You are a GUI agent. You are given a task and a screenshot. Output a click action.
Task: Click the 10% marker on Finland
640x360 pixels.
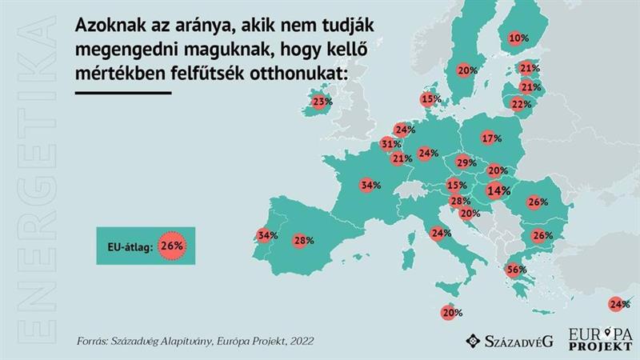(x=518, y=38)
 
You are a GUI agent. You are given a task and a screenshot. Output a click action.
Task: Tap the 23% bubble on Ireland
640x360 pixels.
(x=322, y=102)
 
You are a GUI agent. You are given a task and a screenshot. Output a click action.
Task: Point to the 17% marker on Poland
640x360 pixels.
(x=491, y=138)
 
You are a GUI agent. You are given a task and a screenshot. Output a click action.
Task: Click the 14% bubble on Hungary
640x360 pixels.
(x=498, y=191)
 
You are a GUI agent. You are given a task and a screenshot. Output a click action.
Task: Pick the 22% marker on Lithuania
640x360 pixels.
(x=522, y=104)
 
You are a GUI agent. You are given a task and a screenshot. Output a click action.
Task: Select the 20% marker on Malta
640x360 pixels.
(x=451, y=313)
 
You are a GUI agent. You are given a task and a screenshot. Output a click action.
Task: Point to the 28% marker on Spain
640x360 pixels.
(x=302, y=240)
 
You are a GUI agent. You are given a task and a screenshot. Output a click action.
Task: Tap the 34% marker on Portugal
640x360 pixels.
(x=267, y=236)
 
